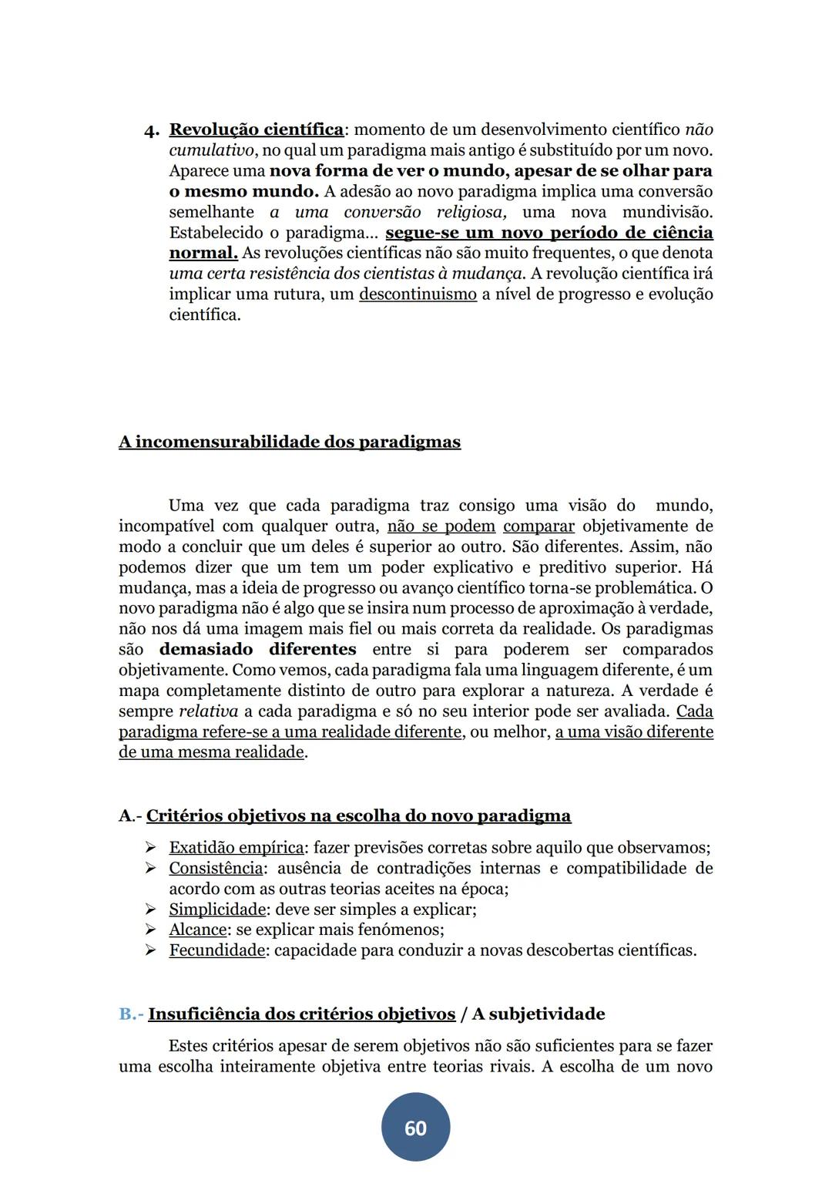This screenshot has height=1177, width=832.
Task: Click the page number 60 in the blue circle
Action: [415, 1128]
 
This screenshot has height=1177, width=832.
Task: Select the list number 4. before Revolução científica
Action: [152, 130]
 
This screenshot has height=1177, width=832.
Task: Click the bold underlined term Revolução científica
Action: [256, 129]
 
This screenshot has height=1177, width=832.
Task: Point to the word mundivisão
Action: [667, 212]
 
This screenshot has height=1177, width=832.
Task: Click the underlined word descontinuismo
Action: [418, 294]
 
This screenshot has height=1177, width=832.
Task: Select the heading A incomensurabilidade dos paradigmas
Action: [290, 442]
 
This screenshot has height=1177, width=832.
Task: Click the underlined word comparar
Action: [538, 526]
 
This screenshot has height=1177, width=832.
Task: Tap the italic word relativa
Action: [208, 711]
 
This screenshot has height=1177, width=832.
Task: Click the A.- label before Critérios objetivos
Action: [130, 816]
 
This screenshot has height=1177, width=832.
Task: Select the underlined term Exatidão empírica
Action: [236, 848]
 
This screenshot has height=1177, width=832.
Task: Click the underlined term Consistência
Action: [216, 869]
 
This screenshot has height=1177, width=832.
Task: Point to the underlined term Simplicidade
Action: [217, 910]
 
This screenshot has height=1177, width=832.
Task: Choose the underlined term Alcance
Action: [198, 930]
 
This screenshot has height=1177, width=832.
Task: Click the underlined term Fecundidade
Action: [216, 950]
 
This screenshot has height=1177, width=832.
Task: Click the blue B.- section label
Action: [131, 1014]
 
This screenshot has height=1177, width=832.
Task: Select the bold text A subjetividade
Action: [538, 1014]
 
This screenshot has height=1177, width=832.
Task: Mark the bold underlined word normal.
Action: [203, 254]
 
